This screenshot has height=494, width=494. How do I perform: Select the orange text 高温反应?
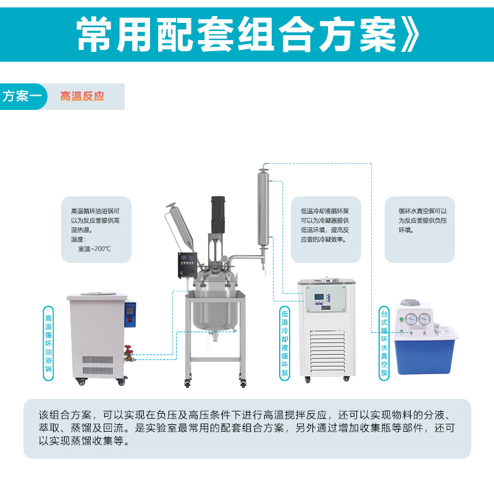(82, 97)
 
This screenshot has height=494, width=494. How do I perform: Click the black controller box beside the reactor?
(186, 266)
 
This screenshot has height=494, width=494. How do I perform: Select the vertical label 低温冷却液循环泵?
(285, 343)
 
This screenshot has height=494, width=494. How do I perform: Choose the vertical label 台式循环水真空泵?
(384, 343)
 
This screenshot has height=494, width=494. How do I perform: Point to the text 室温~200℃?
(94, 249)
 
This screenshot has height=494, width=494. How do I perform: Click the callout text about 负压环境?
(419, 220)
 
